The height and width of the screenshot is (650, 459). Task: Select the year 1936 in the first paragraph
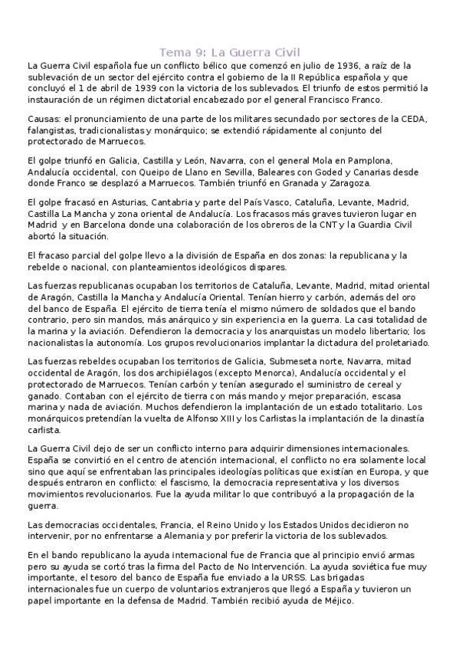click(329, 66)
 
